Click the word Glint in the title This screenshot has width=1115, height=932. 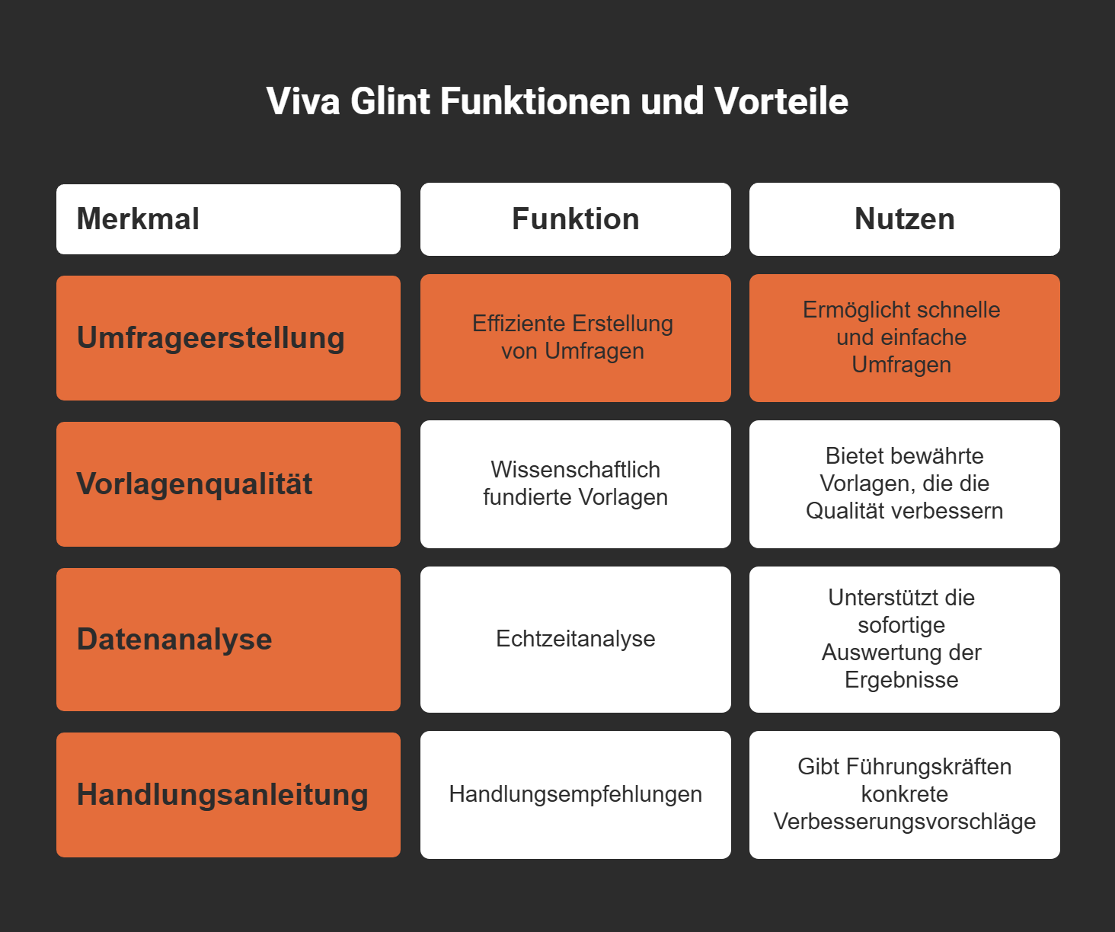[390, 101]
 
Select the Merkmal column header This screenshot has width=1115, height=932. [138, 219]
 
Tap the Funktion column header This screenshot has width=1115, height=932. [575, 219]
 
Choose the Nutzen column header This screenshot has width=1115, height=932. [904, 219]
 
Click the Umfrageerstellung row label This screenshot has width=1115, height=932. [211, 338]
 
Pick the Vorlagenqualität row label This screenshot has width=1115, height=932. [194, 484]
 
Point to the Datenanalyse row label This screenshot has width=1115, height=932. [174, 640]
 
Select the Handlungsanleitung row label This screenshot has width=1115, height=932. [222, 795]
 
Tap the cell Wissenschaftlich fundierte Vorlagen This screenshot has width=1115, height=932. [575, 484]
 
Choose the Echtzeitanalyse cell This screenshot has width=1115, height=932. [575, 639]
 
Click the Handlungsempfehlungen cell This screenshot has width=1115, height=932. [575, 794]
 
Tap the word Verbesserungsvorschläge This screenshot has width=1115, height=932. [904, 822]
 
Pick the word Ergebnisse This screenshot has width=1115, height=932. [901, 680]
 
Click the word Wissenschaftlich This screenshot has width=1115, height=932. [575, 470]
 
